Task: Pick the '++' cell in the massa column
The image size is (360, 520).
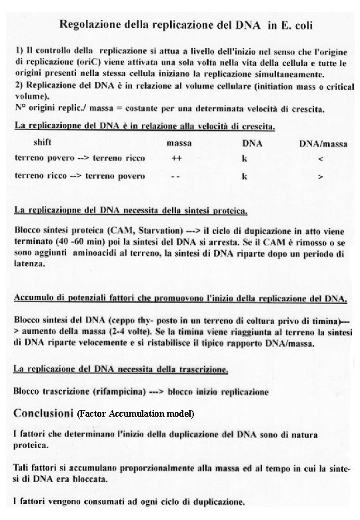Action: pos(176,159)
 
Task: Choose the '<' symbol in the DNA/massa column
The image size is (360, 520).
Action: pos(321,159)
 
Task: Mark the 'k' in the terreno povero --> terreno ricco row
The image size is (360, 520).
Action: pos(245,159)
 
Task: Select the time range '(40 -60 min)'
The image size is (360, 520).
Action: pos(74,244)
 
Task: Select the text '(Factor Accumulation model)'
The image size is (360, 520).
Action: pos(135,414)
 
